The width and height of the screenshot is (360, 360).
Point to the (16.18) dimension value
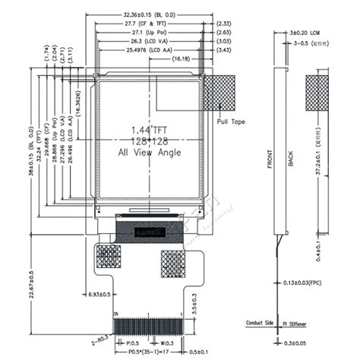tap(181, 58)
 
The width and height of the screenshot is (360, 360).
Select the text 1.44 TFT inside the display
tap(152, 129)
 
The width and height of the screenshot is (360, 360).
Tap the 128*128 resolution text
tap(152, 141)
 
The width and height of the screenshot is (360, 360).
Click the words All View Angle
tap(152, 152)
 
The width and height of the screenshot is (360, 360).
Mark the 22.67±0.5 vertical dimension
tap(31, 285)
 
